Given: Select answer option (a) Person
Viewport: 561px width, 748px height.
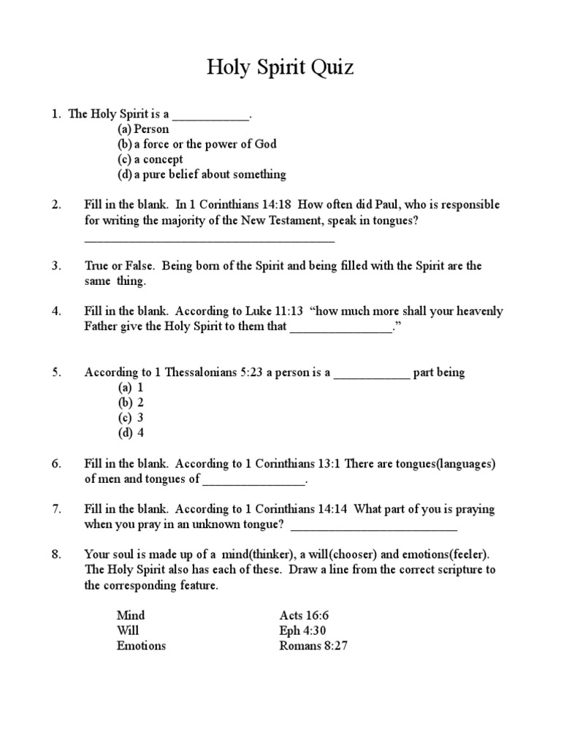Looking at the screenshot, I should coord(143,129).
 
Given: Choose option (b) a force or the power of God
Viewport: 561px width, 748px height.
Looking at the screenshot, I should coord(196,144).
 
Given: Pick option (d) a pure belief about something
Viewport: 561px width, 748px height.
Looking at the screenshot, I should coord(202,174).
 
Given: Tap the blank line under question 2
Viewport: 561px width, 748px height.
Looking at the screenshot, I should coord(210,240).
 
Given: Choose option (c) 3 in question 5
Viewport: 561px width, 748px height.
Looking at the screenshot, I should coord(131,417).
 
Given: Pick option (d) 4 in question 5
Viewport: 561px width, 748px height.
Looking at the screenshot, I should coord(131,432).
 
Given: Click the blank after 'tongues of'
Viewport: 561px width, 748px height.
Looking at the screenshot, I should coord(253,481).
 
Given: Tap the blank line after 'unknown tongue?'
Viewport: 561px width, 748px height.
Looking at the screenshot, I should coord(374,526).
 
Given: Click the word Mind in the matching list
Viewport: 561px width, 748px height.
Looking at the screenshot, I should coord(131,615).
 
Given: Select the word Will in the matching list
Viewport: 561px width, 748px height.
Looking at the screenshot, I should coord(128,630).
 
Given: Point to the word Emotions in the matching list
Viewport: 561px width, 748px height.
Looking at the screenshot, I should coord(141,646).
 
